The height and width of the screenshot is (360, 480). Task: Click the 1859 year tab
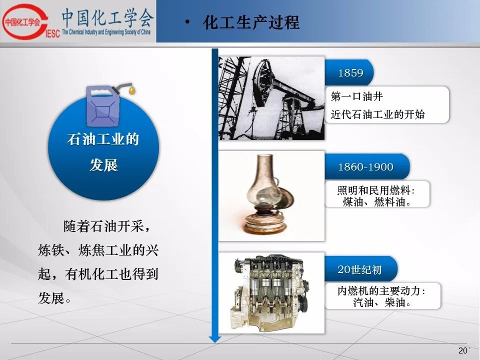point(349,72)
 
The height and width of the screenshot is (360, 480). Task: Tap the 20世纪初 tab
point(360,269)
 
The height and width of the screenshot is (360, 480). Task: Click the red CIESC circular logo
point(25,21)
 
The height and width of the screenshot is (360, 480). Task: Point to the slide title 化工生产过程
point(251,22)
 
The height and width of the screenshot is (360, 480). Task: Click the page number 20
point(462,350)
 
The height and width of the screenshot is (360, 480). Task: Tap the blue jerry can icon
point(102,106)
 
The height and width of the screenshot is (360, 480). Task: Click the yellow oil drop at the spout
point(132,90)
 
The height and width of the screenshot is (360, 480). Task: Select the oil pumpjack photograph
point(271,98)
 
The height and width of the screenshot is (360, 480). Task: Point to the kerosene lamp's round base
point(265,223)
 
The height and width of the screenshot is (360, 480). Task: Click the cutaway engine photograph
point(271,293)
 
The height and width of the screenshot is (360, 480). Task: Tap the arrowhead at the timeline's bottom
point(215,338)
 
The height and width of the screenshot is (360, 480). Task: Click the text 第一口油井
point(356,96)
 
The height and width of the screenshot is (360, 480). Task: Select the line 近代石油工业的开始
point(378,114)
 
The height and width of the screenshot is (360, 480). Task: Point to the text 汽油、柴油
point(381,302)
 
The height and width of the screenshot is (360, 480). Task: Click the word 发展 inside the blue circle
point(104,165)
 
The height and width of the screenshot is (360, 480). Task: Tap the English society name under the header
point(106,32)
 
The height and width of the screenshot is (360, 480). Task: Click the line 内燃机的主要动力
point(381,291)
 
